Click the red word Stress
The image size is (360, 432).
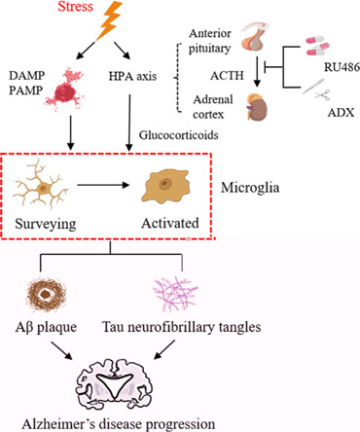pyautogui.click(x=76, y=7)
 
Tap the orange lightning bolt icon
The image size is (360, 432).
pyautogui.click(x=109, y=20)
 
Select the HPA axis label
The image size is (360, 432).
pyautogui.click(x=132, y=76)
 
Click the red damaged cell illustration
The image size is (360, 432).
pyautogui.click(x=65, y=89)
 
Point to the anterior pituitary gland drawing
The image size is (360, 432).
pyautogui.click(x=255, y=37)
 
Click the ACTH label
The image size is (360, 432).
pyautogui.click(x=227, y=76)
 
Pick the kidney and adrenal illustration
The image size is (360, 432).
pyautogui.click(x=257, y=107)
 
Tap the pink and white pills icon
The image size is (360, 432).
pyautogui.click(x=317, y=46)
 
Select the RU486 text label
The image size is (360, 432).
pyautogui.click(x=342, y=67)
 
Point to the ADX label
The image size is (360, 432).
pyautogui.click(x=341, y=113)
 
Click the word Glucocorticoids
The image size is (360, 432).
pyautogui.click(x=179, y=134)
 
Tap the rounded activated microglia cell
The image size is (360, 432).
pyautogui.click(x=165, y=187)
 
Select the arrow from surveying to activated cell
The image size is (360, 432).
pyautogui.click(x=103, y=185)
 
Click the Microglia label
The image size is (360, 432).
pyautogui.click(x=250, y=188)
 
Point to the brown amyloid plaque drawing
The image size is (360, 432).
pyautogui.click(x=47, y=295)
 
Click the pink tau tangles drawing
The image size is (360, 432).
pyautogui.click(x=175, y=293)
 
